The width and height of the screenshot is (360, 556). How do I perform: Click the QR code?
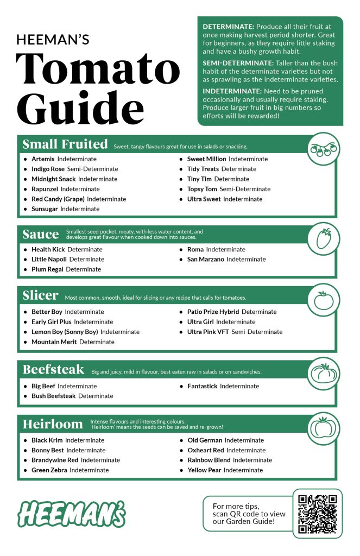coord(318,513)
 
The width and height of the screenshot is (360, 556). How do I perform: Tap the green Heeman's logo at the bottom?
coord(72,513)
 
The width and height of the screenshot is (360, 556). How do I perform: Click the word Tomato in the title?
coord(98,69)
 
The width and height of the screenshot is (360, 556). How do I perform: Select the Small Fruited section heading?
coord(65,144)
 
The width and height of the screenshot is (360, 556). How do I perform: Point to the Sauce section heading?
coord(41,235)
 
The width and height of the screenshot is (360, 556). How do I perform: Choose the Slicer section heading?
coord(41,296)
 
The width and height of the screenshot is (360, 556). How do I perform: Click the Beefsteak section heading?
coord(53,370)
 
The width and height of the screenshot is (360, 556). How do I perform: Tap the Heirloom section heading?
coord(53,424)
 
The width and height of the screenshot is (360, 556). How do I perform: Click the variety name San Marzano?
coord(206,260)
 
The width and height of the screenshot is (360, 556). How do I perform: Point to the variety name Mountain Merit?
coord(54,342)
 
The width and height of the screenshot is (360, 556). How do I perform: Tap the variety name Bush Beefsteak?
coord(53,396)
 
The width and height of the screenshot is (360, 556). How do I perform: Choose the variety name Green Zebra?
coord(49,470)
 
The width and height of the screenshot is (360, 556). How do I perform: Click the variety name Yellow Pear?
coord(204,470)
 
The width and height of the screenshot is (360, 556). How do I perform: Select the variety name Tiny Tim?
coord(199,179)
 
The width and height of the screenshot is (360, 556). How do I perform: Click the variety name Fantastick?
coord(202,387)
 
